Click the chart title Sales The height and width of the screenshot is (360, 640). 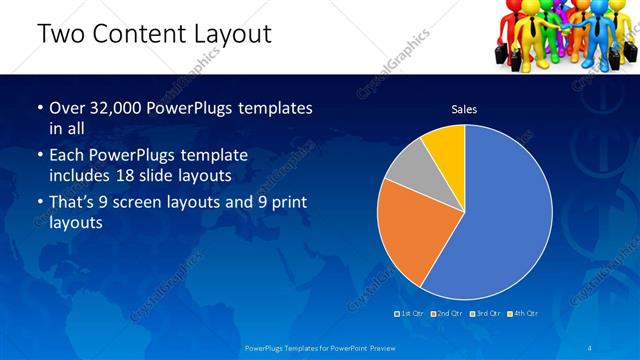pyautogui.click(x=464, y=109)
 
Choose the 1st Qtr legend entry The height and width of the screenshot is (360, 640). pyautogui.click(x=410, y=313)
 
